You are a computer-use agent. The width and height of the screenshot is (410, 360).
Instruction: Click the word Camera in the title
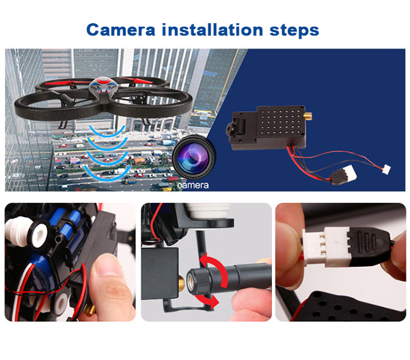[121, 30]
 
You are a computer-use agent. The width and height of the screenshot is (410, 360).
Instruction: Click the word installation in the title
[213, 29]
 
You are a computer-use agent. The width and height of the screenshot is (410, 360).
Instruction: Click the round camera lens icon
[194, 157]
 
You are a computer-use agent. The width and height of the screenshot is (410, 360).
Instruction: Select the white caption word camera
[193, 185]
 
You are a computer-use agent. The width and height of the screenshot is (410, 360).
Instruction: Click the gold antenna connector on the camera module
[308, 115]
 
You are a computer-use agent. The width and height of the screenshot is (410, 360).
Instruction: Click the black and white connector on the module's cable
[343, 176]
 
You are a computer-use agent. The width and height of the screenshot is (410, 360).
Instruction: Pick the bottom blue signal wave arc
[107, 174]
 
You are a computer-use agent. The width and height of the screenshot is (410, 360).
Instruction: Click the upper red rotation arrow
[216, 268]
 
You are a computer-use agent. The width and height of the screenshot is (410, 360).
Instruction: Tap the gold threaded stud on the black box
[181, 283]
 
